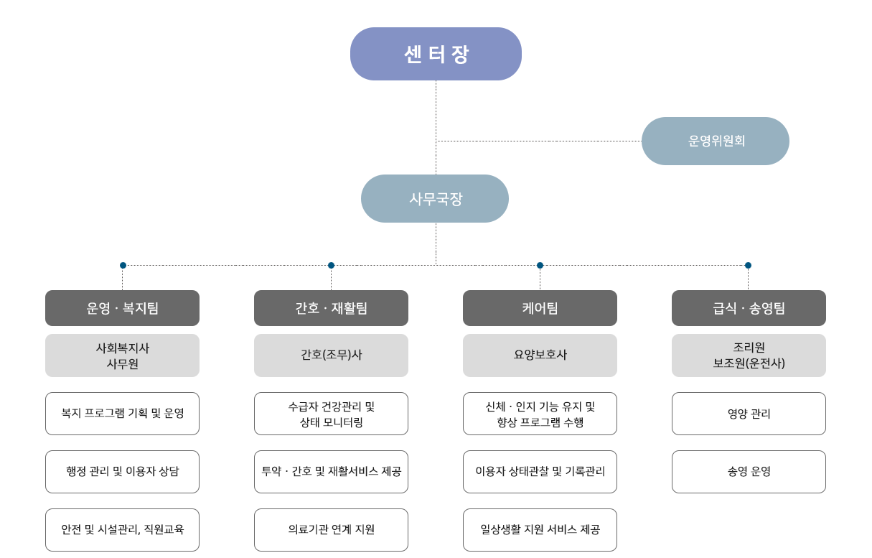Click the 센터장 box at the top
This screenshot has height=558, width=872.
[x=436, y=54]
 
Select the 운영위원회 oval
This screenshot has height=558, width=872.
[x=716, y=141]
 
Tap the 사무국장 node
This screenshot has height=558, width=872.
[x=435, y=199]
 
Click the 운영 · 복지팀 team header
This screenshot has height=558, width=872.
[x=122, y=308]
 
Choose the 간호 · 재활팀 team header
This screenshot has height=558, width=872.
[x=331, y=308]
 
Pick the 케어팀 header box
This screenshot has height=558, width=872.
[x=540, y=308]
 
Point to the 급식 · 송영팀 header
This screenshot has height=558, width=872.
[x=749, y=308]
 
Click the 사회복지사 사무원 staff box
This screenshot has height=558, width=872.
[x=122, y=355]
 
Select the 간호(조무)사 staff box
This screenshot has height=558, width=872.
[x=331, y=355]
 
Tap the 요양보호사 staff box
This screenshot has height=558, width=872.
[x=540, y=355]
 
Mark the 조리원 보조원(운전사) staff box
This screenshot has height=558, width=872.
[x=749, y=355]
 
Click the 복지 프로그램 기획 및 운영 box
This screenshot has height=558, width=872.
[x=122, y=414]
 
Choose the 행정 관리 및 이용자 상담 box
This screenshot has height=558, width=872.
[x=122, y=472]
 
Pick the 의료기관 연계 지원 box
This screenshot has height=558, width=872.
[x=331, y=530]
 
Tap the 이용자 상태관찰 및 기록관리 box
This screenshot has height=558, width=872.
[x=540, y=472]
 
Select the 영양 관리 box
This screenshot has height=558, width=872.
[x=749, y=414]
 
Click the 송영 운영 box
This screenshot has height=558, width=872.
[x=749, y=472]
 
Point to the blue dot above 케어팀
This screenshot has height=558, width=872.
[x=540, y=266]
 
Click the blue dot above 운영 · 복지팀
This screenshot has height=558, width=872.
[x=123, y=266]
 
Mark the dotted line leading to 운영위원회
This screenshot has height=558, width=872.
[x=538, y=141]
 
